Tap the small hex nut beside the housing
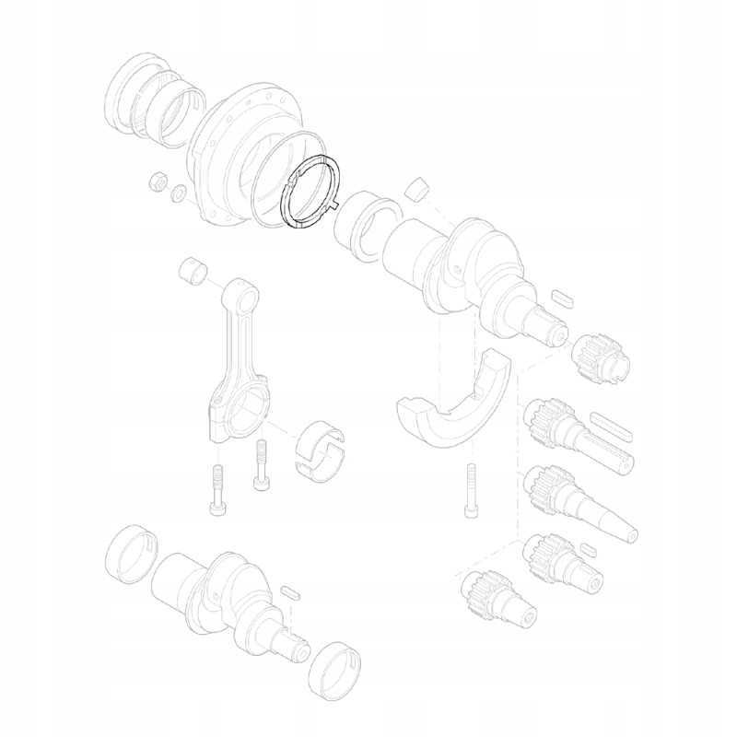click(157, 179)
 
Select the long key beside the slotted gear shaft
click(612, 425)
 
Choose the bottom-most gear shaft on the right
click(497, 598)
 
